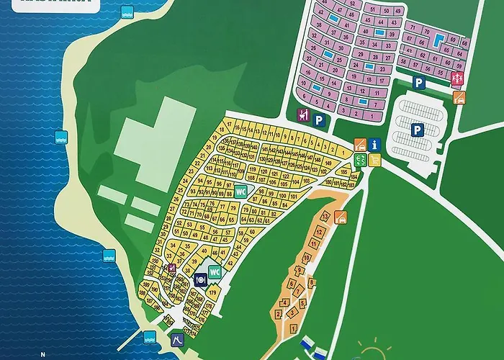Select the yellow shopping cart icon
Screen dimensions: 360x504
click(x=374, y=159)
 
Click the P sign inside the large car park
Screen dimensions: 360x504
click(x=416, y=130)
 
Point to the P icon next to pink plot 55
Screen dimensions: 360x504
click(x=418, y=84)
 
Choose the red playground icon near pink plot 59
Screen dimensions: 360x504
click(x=457, y=77)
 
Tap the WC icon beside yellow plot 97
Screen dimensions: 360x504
click(x=240, y=191)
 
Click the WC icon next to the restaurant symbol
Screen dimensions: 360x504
click(x=214, y=272)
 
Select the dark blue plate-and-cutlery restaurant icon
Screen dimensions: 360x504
click(x=200, y=279)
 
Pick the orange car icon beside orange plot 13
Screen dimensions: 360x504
click(x=341, y=215)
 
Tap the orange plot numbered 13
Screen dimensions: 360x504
click(x=325, y=216)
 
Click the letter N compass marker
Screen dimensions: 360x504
click(x=43, y=354)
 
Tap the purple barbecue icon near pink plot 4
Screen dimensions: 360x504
click(x=303, y=115)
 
